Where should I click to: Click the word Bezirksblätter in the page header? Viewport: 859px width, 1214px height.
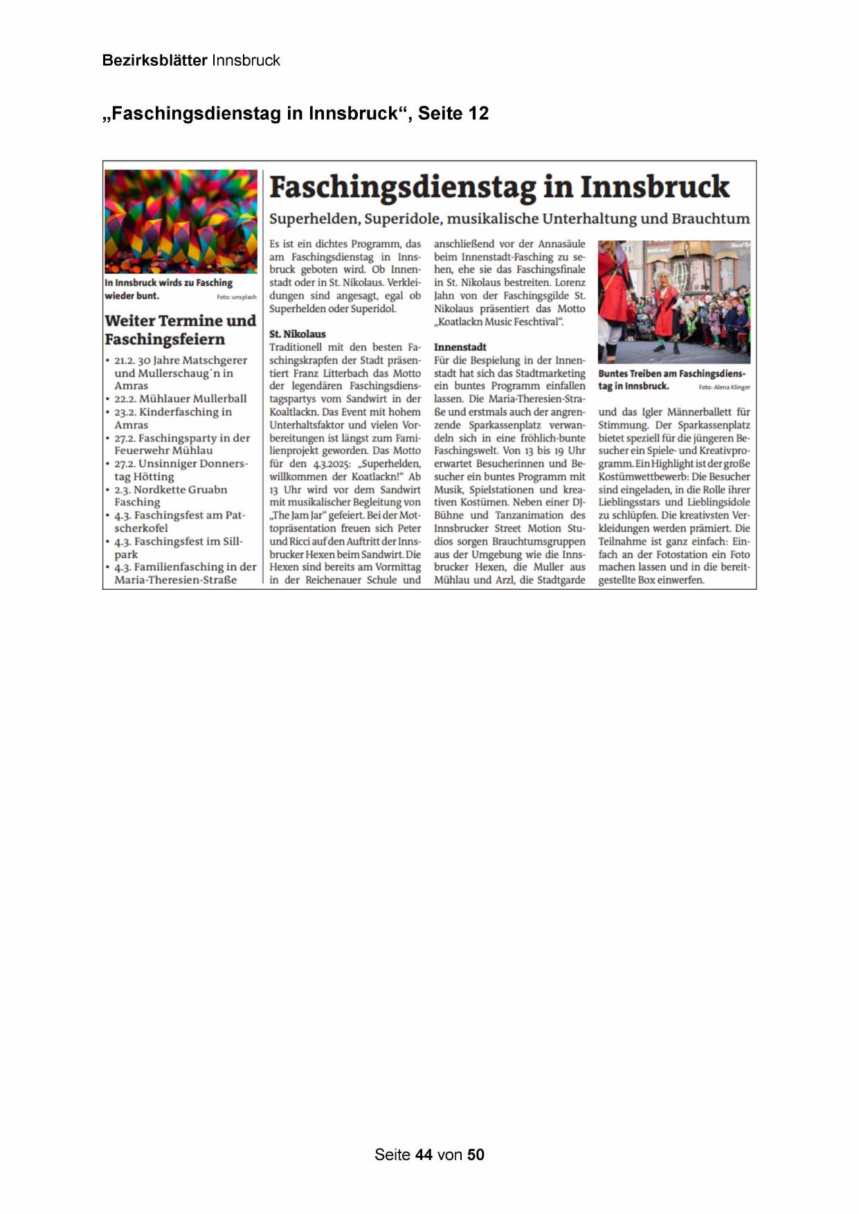click(x=154, y=60)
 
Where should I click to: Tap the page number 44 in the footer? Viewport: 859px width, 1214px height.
click(x=424, y=1154)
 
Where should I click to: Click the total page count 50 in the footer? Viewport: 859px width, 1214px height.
click(x=476, y=1154)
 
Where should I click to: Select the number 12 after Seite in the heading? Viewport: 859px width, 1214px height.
click(x=478, y=114)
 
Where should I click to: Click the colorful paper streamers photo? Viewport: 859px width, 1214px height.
click(x=181, y=221)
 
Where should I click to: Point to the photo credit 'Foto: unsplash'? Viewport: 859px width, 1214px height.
click(x=236, y=297)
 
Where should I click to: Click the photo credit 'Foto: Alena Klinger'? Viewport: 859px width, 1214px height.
click(x=724, y=388)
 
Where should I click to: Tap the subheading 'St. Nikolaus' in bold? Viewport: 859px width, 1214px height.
click(x=297, y=334)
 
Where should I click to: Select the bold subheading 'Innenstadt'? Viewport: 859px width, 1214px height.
click(x=460, y=347)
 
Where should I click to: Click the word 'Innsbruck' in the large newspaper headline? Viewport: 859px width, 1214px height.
click(x=654, y=187)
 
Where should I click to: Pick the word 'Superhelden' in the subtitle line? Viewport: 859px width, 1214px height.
click(x=314, y=219)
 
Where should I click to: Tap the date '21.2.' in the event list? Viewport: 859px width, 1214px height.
click(x=125, y=361)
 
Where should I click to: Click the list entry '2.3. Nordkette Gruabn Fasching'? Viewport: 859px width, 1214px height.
click(x=170, y=496)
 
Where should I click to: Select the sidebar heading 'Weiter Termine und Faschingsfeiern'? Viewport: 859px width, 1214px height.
click(x=180, y=329)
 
